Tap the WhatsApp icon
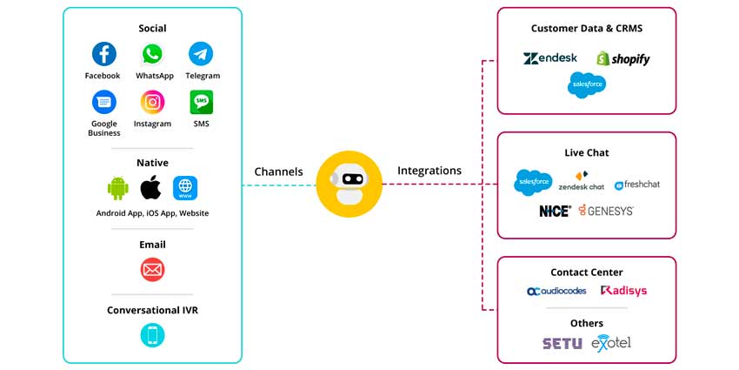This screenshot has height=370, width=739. coord(152,54)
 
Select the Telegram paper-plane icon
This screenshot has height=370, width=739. coord(202,54)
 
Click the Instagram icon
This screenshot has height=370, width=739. coord(153,102)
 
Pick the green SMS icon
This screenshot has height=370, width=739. coord(202,102)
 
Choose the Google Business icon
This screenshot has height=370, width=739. coord(103,102)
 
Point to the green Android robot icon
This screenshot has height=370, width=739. coord(118,187)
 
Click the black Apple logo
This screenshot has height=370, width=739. coord(151,187)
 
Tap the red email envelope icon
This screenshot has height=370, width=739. coord(152,270)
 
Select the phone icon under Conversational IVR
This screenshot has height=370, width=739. coord(152,335)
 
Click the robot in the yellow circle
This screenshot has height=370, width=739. coord(350,184)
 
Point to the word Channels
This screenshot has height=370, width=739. coord(278,172)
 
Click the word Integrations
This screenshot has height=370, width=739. coord(429,171)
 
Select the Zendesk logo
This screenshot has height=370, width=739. coord(549,58)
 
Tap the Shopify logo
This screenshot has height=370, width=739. coord(622,58)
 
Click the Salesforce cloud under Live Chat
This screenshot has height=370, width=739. coord(532,182)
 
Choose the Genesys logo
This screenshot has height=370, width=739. coord(606,211)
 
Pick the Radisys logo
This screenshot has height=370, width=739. coord(623,291)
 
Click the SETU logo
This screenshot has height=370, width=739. coord(562,343)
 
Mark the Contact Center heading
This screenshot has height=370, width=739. coord(586,272)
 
